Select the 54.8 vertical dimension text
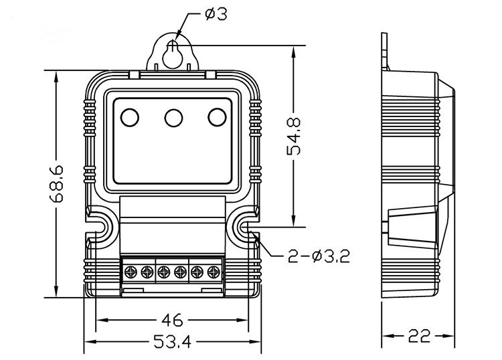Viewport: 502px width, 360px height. tap(293, 137)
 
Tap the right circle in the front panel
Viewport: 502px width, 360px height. tap(216, 118)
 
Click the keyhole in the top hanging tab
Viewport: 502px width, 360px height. tap(173, 54)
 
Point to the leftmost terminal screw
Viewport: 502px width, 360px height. tap(131, 272)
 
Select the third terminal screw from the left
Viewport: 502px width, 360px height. tap(164, 272)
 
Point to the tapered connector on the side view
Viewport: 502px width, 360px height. tap(412, 225)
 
